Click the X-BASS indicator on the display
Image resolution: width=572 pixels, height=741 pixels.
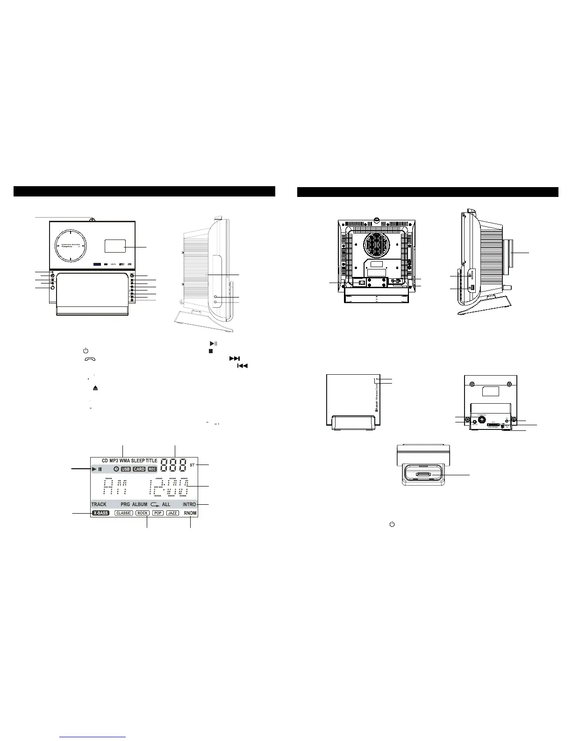100,513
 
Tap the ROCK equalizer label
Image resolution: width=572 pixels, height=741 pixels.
143,513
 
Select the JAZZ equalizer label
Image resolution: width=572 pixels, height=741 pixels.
172,513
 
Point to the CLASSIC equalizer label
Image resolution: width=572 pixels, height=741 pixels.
124,513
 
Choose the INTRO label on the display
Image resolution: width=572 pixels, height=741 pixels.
189,505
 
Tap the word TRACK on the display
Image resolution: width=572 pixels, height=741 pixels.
99,505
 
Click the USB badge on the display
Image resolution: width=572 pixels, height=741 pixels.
126,469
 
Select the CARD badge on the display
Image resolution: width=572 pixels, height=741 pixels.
139,469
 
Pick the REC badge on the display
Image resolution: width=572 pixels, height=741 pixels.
152,469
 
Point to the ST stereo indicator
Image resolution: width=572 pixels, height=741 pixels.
192,465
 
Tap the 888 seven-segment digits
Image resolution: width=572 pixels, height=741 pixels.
173,465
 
